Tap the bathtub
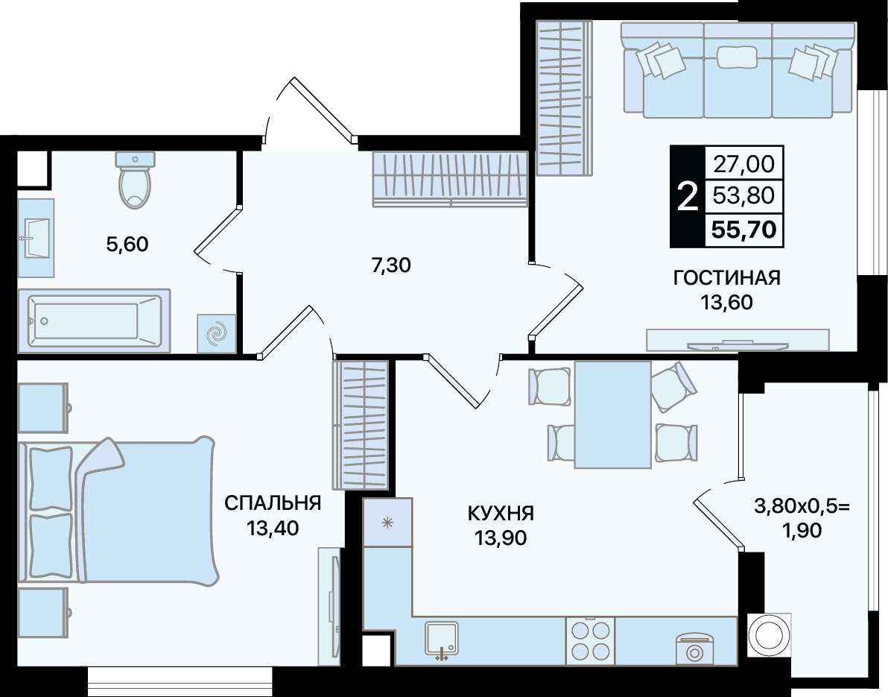pyautogui.click(x=94, y=321)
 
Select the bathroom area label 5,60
pyautogui.click(x=127, y=245)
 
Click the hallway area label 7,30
pyautogui.click(x=391, y=265)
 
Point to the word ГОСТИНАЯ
pyautogui.click(x=726, y=277)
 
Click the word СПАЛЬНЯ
pyautogui.click(x=273, y=502)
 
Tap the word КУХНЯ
pyautogui.click(x=501, y=514)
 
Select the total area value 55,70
pyautogui.click(x=743, y=230)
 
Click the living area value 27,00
pyautogui.click(x=743, y=164)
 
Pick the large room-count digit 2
pyautogui.click(x=688, y=196)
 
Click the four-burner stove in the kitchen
pyautogui.click(x=590, y=640)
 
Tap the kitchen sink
pyautogui.click(x=441, y=641)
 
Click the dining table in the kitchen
pyautogui.click(x=613, y=414)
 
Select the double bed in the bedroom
pyautogui.click(x=117, y=510)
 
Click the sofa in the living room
pyautogui.click(x=738, y=69)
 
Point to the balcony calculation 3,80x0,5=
pyautogui.click(x=802, y=505)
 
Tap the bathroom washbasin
pyautogui.click(x=36, y=238)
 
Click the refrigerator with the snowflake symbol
pyautogui.click(x=387, y=523)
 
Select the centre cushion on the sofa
pyautogui.click(x=737, y=57)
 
